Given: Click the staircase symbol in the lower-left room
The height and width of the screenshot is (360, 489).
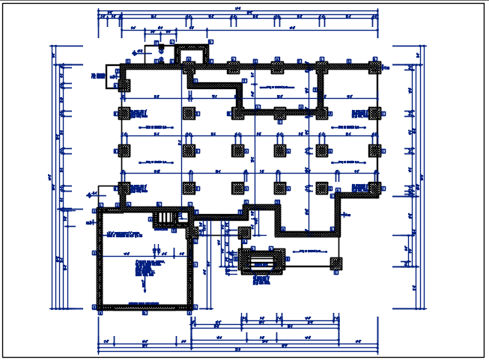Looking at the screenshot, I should click(165, 217).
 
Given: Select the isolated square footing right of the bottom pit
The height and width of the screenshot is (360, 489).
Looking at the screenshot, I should click(336, 263).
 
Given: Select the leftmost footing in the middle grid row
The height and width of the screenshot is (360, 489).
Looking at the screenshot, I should click(124, 150).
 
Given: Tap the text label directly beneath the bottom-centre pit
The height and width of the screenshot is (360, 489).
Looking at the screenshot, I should click(261, 281).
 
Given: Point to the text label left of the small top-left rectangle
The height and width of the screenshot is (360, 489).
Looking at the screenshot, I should click(97, 76).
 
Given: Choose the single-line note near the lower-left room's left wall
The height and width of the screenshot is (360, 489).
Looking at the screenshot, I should click(124, 235).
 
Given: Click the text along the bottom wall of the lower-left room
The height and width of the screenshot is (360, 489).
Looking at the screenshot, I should click(145, 302).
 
